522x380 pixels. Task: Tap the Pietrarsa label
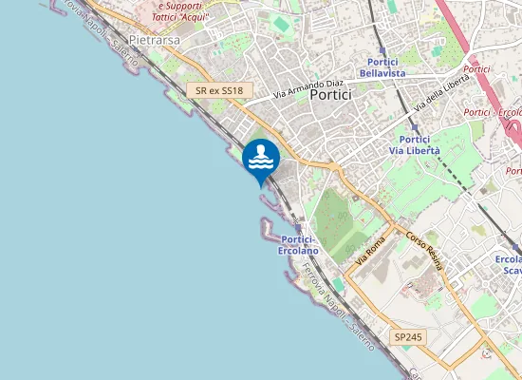pos(153,42)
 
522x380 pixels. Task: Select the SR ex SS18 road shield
pos(220,90)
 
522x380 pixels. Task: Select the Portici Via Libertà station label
pos(415,144)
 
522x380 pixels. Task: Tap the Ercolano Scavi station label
pos(510,265)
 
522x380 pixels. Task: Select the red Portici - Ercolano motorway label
pos(491,113)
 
